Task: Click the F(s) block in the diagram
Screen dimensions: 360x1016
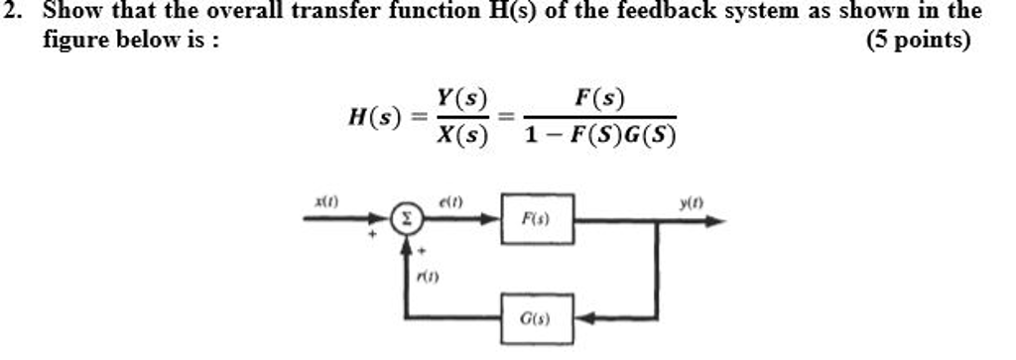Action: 537,222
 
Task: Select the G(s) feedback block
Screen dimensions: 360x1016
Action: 537,319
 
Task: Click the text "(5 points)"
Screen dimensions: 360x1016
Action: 918,43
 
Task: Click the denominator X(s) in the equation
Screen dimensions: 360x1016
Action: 462,139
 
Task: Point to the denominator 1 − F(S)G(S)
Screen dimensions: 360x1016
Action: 599,137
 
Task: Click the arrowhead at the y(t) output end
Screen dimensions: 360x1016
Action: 715,222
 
